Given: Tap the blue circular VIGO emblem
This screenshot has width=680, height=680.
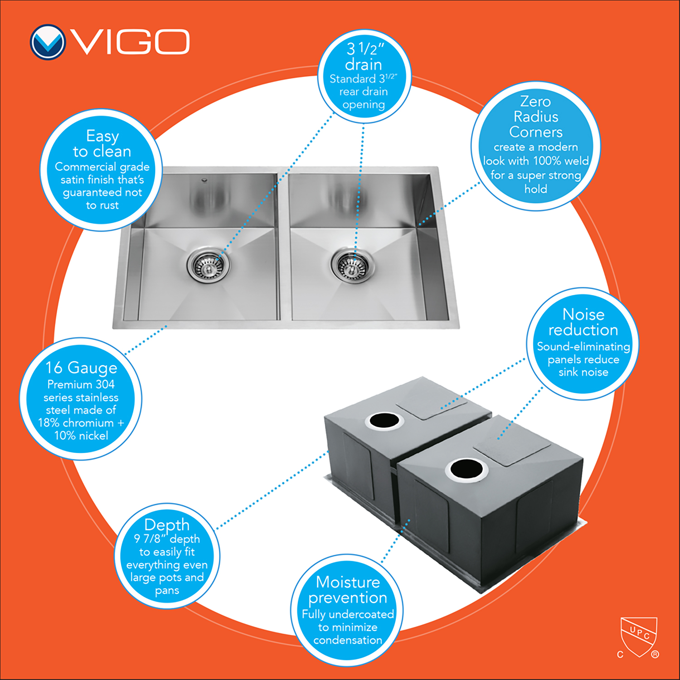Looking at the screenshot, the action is [48, 42].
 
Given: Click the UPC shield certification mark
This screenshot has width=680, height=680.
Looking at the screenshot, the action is [639, 637].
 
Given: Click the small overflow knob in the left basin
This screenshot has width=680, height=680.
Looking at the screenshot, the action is [204, 180].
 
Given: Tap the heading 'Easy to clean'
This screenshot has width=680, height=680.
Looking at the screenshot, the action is [102, 143].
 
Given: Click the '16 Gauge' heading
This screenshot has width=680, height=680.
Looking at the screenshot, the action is [82, 368].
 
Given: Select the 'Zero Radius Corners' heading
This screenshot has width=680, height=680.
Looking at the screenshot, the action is [536, 117].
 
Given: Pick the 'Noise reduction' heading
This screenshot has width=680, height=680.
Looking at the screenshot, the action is [583, 322].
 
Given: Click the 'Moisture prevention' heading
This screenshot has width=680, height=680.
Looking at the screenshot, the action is [348, 590].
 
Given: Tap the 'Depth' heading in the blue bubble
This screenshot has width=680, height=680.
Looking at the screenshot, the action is [167, 525].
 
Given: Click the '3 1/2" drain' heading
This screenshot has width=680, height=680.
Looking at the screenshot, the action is [364, 56].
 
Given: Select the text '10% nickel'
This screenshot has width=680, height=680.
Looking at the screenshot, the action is [81, 436].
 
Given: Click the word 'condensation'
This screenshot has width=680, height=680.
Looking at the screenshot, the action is [348, 640].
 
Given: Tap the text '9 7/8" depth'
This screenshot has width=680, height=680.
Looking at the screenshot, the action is [167, 539].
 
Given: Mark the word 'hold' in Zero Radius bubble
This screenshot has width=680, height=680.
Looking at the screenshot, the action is [536, 189].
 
